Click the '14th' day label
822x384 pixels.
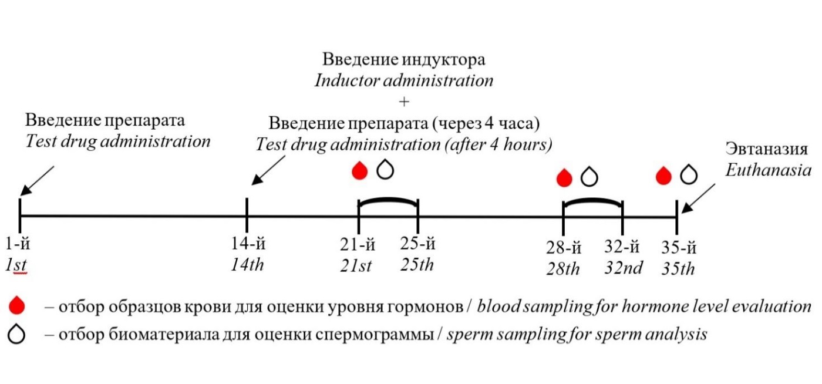pos(247,265)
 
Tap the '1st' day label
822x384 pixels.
pos(16,265)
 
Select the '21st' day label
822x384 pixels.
pos(356,265)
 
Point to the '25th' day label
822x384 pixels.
pos(417,265)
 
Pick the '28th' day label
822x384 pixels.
pos(563,269)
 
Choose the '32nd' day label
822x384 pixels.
pos(624,268)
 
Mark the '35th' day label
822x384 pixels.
pos(678,269)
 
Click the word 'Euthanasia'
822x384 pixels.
pos(769,170)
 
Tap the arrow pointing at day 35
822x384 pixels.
pos(698,198)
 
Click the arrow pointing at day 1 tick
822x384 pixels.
pos(37,181)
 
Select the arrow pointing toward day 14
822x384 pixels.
pos(268,170)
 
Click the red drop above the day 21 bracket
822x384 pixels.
pos(359,170)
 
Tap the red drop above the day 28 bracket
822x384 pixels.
pos(564,178)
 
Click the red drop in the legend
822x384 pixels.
pos(17,305)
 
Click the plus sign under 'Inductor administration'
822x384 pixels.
pos(404,102)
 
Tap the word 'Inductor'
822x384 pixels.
pos(347,80)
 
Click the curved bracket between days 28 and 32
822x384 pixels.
pos(592,200)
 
